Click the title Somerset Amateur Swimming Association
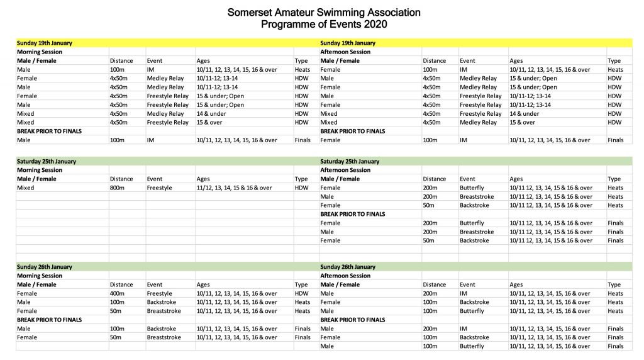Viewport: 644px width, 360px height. tap(324, 13)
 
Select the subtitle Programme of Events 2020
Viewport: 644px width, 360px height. tap(324, 25)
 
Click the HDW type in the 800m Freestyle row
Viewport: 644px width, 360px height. tap(301, 188)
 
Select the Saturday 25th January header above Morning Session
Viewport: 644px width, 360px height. tap(47, 161)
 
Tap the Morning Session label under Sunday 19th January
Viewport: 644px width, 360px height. tap(40, 52)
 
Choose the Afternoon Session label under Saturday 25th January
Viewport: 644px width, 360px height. tap(345, 170)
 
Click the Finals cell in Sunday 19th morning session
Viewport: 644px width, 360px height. tap(303, 140)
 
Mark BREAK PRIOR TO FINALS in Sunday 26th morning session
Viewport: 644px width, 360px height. tap(50, 320)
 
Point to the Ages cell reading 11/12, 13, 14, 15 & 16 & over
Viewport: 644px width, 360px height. tap(234, 188)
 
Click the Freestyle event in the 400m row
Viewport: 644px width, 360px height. tap(159, 293)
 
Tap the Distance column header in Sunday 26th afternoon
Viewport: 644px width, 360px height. tap(434, 284)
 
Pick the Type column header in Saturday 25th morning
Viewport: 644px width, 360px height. tap(301, 179)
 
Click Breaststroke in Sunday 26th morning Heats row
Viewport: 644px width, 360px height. tap(164, 311)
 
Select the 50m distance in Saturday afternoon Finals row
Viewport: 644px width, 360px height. tap(430, 240)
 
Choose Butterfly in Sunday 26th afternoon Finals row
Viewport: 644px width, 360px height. tap(472, 346)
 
